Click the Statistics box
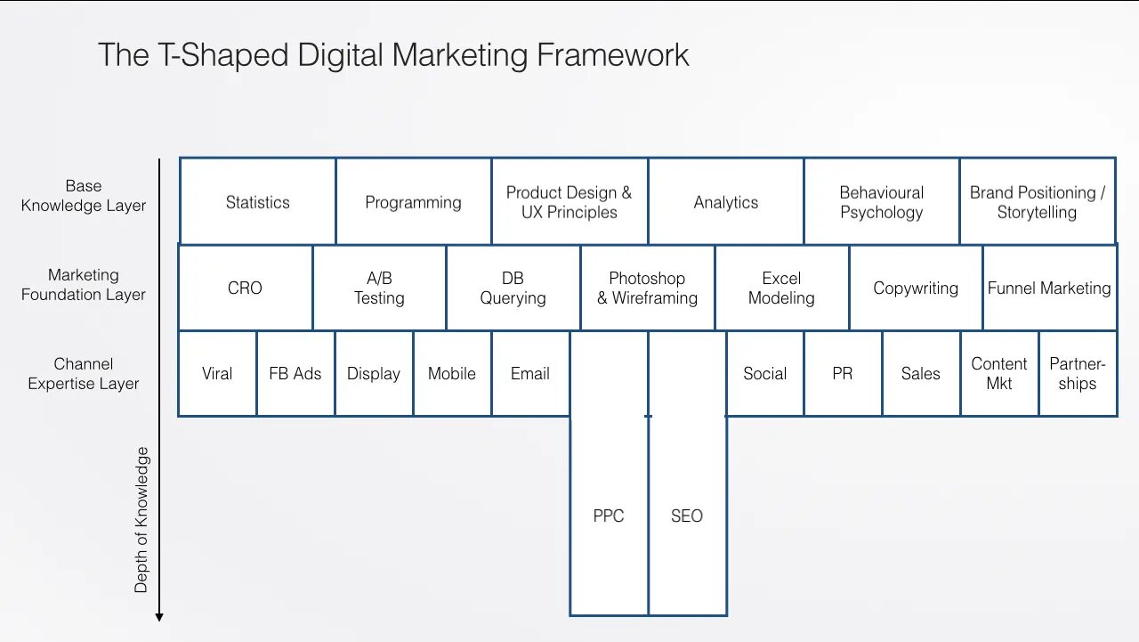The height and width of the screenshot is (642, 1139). click(x=257, y=202)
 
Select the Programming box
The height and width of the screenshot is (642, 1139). click(x=413, y=202)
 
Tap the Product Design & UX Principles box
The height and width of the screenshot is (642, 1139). click(x=569, y=202)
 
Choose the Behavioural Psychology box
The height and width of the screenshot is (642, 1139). click(x=881, y=202)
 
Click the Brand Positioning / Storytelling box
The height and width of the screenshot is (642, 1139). click(x=1037, y=202)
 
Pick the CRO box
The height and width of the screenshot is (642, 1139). click(x=245, y=288)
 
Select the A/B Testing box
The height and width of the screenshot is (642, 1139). click(x=379, y=288)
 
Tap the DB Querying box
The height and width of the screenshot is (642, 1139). click(x=513, y=288)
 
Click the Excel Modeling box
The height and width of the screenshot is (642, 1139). click(x=781, y=288)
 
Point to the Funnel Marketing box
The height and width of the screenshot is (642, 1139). click(x=1049, y=288)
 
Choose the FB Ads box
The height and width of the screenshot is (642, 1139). click(x=295, y=374)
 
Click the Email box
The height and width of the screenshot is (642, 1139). click(x=529, y=374)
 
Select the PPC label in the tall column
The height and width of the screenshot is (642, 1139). click(x=609, y=516)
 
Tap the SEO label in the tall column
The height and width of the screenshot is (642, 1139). click(x=687, y=516)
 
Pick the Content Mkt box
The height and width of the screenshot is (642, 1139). click(x=998, y=374)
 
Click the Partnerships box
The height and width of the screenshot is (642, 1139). click(x=1077, y=374)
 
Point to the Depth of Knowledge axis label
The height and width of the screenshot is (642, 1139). click(x=141, y=520)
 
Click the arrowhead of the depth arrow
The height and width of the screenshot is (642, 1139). click(x=159, y=616)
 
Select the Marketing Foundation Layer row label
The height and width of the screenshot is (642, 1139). click(x=84, y=285)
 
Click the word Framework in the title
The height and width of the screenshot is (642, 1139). click(x=612, y=55)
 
